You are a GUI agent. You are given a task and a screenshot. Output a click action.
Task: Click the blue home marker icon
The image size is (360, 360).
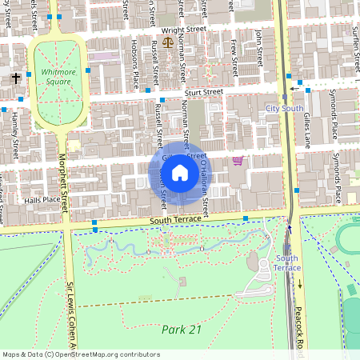click(x=179, y=173)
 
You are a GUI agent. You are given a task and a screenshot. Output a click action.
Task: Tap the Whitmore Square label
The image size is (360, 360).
click(x=57, y=77)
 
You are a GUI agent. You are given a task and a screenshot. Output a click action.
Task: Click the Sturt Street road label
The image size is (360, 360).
click(x=202, y=93)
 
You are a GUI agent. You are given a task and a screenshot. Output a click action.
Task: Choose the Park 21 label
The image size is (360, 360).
click(x=178, y=329)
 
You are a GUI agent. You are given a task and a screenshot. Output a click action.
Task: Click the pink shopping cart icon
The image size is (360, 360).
click(x=238, y=161)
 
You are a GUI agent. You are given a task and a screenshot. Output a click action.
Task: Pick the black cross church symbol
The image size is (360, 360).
click(x=15, y=78)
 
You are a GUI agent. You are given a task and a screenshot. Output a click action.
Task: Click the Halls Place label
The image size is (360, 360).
click(x=42, y=200)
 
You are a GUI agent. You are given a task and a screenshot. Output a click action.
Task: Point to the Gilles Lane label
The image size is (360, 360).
click(x=308, y=126)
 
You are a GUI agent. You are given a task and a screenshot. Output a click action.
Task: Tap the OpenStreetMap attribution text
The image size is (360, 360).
click(x=80, y=354)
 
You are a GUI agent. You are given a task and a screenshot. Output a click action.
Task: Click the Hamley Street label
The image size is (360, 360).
click(x=14, y=135)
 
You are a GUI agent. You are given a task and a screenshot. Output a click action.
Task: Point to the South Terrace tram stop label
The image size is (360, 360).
click(x=287, y=263)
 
